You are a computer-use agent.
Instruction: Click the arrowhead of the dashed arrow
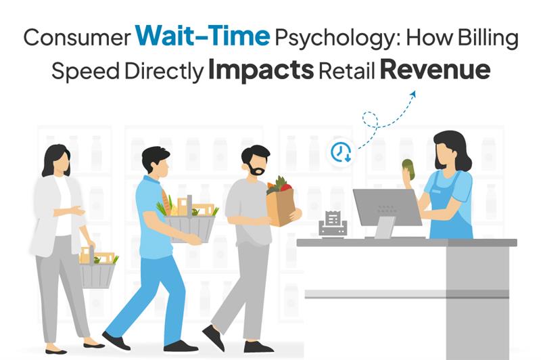click(411, 95)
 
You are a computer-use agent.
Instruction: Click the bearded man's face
click(256, 164)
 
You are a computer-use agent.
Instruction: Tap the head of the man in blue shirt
click(156, 164)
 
